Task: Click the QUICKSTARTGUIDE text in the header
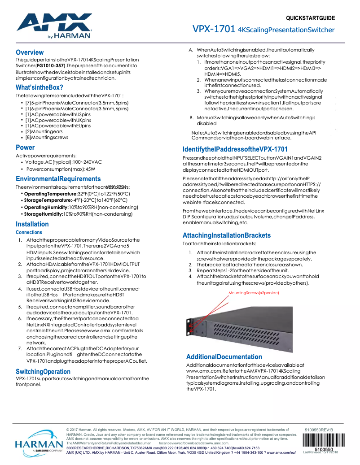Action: pos(310,18)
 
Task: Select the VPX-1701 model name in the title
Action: pos(214,30)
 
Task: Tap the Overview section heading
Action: pos(30,52)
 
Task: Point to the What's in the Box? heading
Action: pos(39,87)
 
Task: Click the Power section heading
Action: pos(25,148)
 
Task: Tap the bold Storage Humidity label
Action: pos(43,214)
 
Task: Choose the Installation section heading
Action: pos(32,224)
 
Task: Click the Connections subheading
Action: pos(29,232)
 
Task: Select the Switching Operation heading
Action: pos(43,372)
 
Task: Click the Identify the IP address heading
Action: pos(235,149)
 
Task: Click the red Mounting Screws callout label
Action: pos(254,292)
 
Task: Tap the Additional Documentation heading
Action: pos(224,357)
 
